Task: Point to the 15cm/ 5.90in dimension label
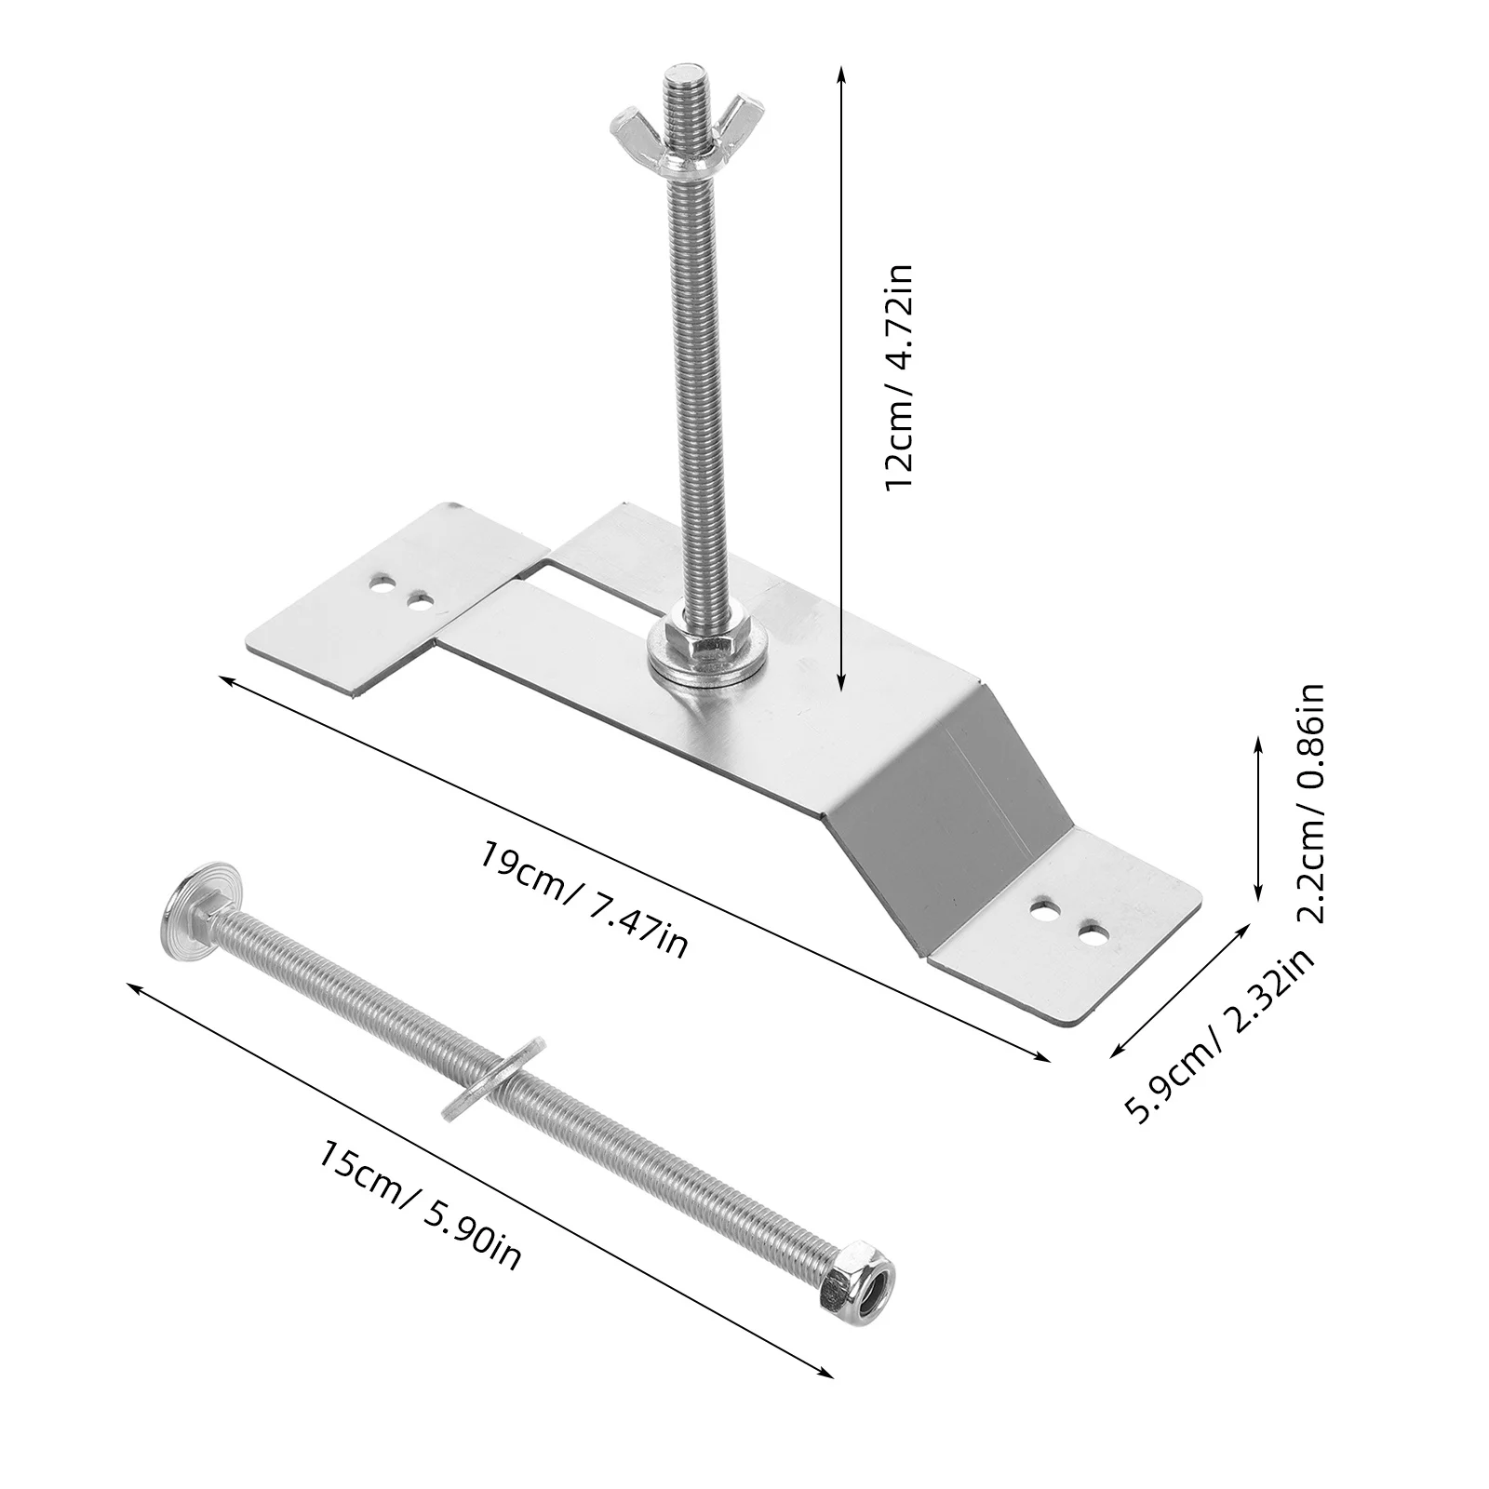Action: [x=420, y=1206]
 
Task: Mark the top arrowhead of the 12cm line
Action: [x=841, y=71]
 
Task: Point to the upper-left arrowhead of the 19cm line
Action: [x=224, y=681]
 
